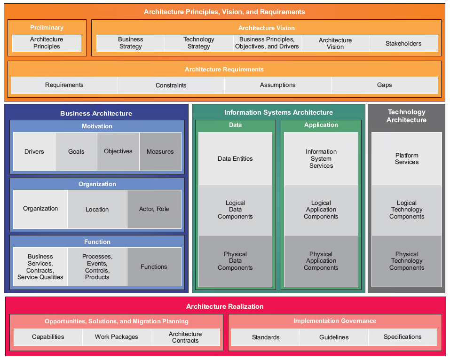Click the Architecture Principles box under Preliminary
[x=47, y=43]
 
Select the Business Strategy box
[x=130, y=43]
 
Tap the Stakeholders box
[x=403, y=44]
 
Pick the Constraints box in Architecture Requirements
[x=171, y=86]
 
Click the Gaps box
[x=384, y=86]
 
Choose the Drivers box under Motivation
[x=34, y=152]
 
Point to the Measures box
[x=160, y=152]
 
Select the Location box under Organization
[x=97, y=210]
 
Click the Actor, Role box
[x=154, y=209]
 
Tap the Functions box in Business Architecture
[x=154, y=267]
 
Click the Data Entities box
[x=235, y=159]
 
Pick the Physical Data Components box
[x=235, y=261]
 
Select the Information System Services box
[x=321, y=159]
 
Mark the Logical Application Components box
[x=321, y=210]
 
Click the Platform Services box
[x=407, y=159]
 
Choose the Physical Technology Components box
[x=407, y=261]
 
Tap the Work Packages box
[x=117, y=337]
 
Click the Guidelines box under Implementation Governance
[x=334, y=337]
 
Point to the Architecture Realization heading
[x=225, y=306]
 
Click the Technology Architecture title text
[x=406, y=116]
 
